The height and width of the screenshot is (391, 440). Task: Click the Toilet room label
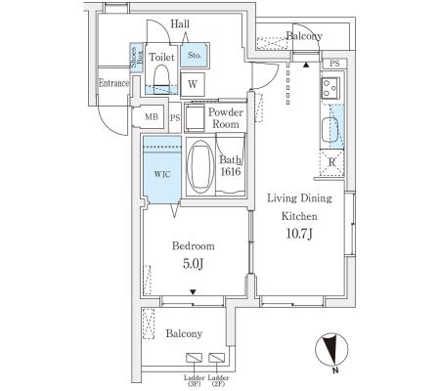[161, 58]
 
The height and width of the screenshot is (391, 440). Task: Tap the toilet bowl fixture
[161, 79]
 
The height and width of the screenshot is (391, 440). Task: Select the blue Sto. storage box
[195, 55]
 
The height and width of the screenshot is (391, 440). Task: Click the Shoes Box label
[137, 58]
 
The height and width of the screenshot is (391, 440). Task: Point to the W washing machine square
[193, 84]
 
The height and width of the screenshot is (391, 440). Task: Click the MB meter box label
[152, 116]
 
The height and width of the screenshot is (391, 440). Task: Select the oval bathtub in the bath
[200, 166]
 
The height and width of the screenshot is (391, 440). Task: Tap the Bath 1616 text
[231, 165]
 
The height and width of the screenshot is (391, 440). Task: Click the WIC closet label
[162, 174]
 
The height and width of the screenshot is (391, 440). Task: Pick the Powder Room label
[226, 118]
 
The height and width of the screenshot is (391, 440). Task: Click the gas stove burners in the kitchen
[330, 88]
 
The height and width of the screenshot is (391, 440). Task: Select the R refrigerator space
[331, 162]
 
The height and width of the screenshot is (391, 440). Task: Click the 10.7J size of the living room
[299, 234]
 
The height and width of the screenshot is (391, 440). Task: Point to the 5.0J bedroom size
[194, 264]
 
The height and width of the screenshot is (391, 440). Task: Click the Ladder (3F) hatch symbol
[194, 358]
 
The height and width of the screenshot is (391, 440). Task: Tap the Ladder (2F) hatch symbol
[217, 358]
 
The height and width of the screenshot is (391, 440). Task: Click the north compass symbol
[331, 349]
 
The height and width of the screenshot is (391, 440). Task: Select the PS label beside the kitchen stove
[334, 64]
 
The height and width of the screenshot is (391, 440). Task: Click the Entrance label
[114, 83]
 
